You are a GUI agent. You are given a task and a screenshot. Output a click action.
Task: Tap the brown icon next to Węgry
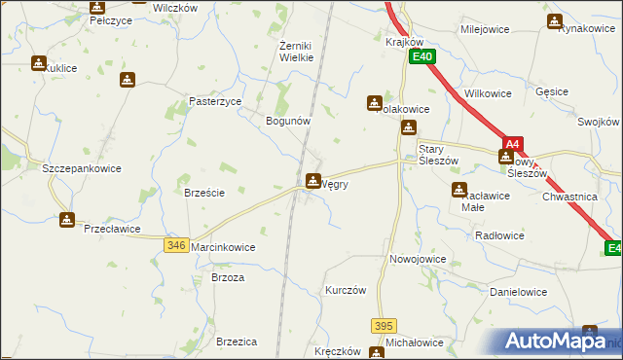click(313, 180)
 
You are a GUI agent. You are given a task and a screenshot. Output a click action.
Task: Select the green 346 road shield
click(176, 246)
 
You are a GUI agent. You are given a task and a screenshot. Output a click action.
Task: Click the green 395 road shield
click(384, 325)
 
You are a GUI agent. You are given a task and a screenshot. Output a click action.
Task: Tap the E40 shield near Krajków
click(421, 57)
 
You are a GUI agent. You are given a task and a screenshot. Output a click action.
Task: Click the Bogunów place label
click(288, 121)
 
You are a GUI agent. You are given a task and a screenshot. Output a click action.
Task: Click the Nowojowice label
click(418, 260)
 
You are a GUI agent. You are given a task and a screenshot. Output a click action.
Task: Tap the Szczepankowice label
click(82, 167)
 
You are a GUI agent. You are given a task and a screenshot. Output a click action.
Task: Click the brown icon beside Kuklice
click(38, 64)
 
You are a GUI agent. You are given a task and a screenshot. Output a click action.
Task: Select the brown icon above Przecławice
click(67, 220)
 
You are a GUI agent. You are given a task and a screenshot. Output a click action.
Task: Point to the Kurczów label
click(346, 291)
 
